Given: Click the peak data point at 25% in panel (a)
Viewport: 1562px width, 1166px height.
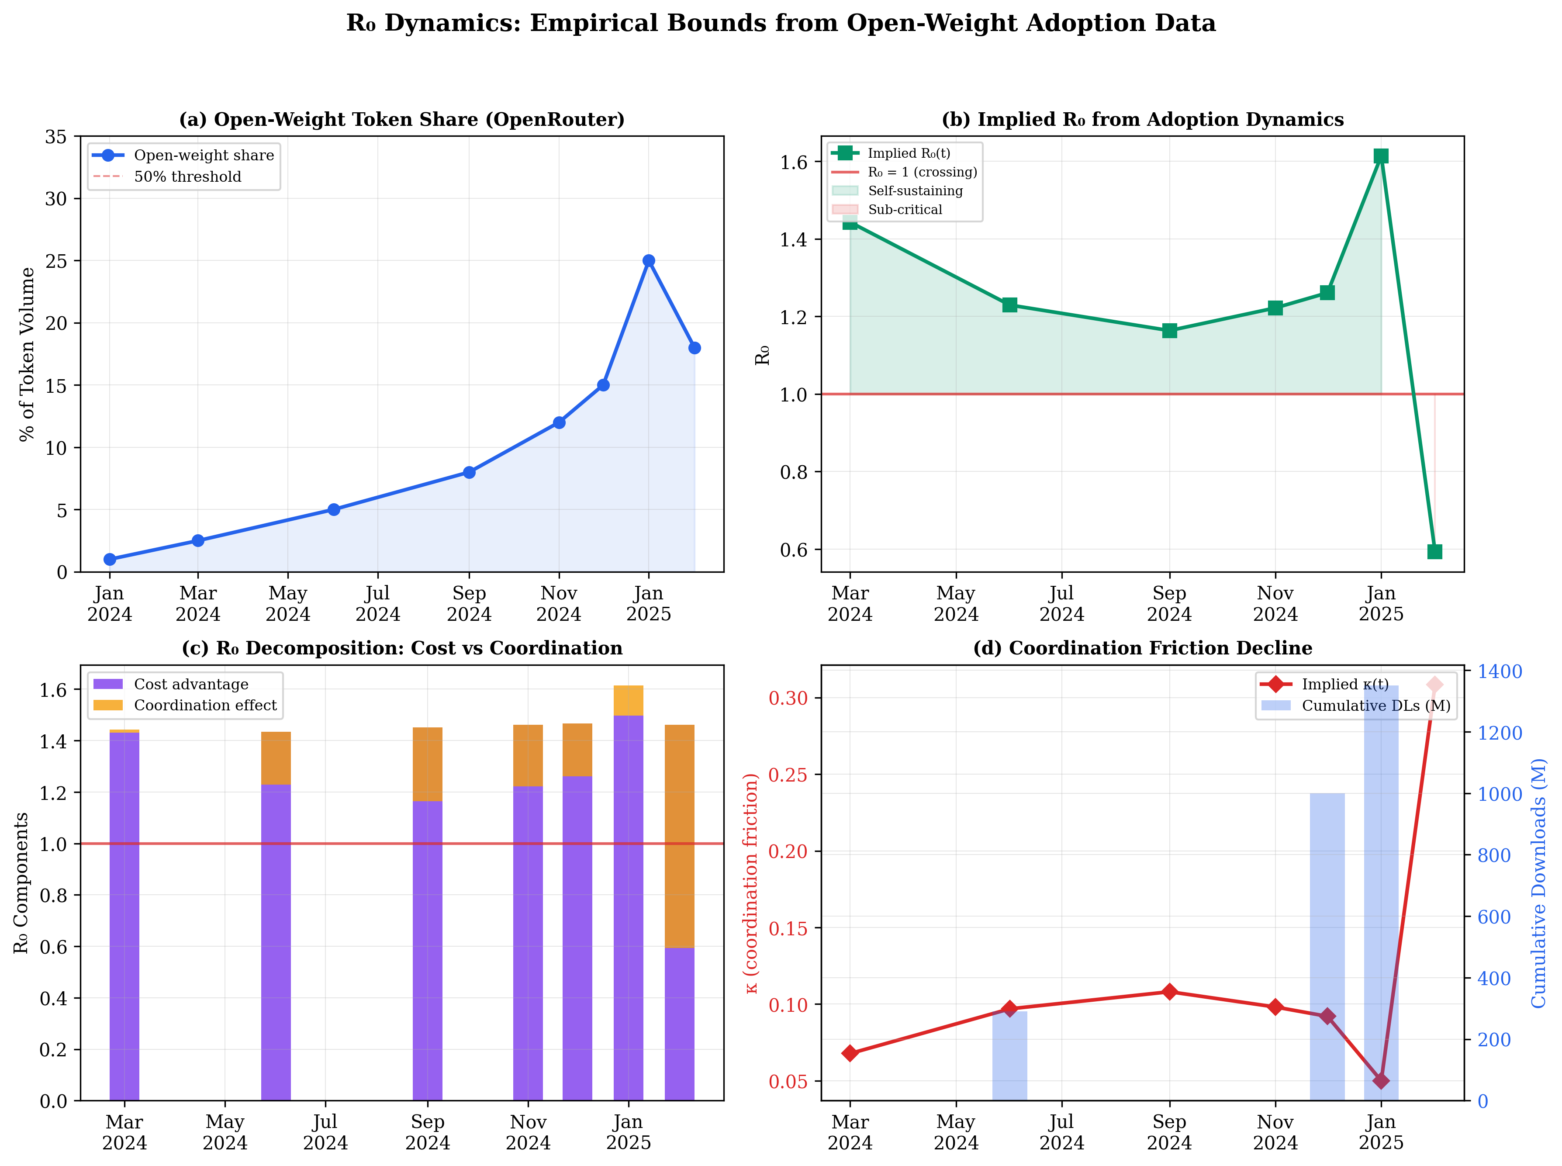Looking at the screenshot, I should pyautogui.click(x=648, y=260).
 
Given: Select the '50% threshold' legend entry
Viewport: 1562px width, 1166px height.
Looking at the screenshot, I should pyautogui.click(x=187, y=176).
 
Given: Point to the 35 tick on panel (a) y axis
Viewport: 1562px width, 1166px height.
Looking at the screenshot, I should pyautogui.click(x=56, y=137).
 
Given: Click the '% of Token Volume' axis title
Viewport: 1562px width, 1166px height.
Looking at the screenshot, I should pyautogui.click(x=27, y=354).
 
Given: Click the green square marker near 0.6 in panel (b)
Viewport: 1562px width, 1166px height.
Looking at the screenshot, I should pyautogui.click(x=1434, y=551).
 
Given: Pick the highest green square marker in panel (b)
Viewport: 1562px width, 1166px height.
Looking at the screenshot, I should pyautogui.click(x=1381, y=156).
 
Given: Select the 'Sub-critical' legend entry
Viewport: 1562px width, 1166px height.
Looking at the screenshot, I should pyautogui.click(x=905, y=210).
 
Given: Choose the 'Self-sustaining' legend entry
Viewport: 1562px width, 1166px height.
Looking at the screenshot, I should pyautogui.click(x=914, y=190).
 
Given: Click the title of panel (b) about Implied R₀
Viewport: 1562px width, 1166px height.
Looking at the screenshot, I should pyautogui.click(x=1142, y=119).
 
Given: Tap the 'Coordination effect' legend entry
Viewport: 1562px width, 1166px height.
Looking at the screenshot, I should pyautogui.click(x=204, y=705).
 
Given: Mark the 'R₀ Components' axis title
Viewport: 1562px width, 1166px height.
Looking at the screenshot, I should pyautogui.click(x=21, y=882).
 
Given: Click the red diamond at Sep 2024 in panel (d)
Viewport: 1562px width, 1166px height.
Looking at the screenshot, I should pyautogui.click(x=1169, y=992).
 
